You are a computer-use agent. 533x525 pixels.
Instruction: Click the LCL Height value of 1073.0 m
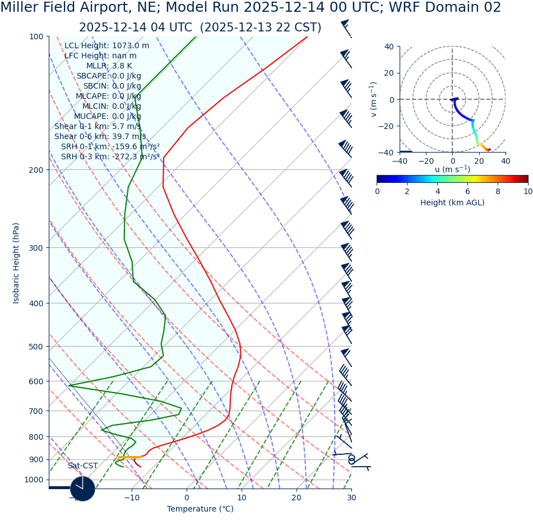[x=131, y=46]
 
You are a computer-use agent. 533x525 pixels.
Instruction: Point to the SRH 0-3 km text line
[x=110, y=156]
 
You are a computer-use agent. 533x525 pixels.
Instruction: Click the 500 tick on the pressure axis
[x=36, y=347]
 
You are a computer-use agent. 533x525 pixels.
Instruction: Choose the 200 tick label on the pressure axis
[x=36, y=170]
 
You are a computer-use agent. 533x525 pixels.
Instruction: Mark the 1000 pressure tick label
[x=34, y=480]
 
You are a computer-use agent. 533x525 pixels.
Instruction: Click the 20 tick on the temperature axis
[x=296, y=497]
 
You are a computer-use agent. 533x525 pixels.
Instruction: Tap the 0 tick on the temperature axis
[x=187, y=497]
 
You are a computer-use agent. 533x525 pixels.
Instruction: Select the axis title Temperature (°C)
[x=200, y=509]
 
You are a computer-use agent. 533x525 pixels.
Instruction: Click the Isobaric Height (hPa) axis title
[x=16, y=263]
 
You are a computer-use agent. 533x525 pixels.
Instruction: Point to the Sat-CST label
[x=82, y=466]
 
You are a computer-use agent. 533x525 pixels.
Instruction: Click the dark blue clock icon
[x=82, y=489]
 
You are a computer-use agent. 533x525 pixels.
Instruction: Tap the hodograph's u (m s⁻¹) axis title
[x=452, y=169]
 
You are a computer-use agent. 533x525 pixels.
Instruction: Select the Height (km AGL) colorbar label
[x=452, y=202]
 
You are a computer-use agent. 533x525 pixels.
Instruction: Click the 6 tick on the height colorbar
[x=467, y=191]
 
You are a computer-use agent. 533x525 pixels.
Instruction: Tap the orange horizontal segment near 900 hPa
[x=129, y=457]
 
